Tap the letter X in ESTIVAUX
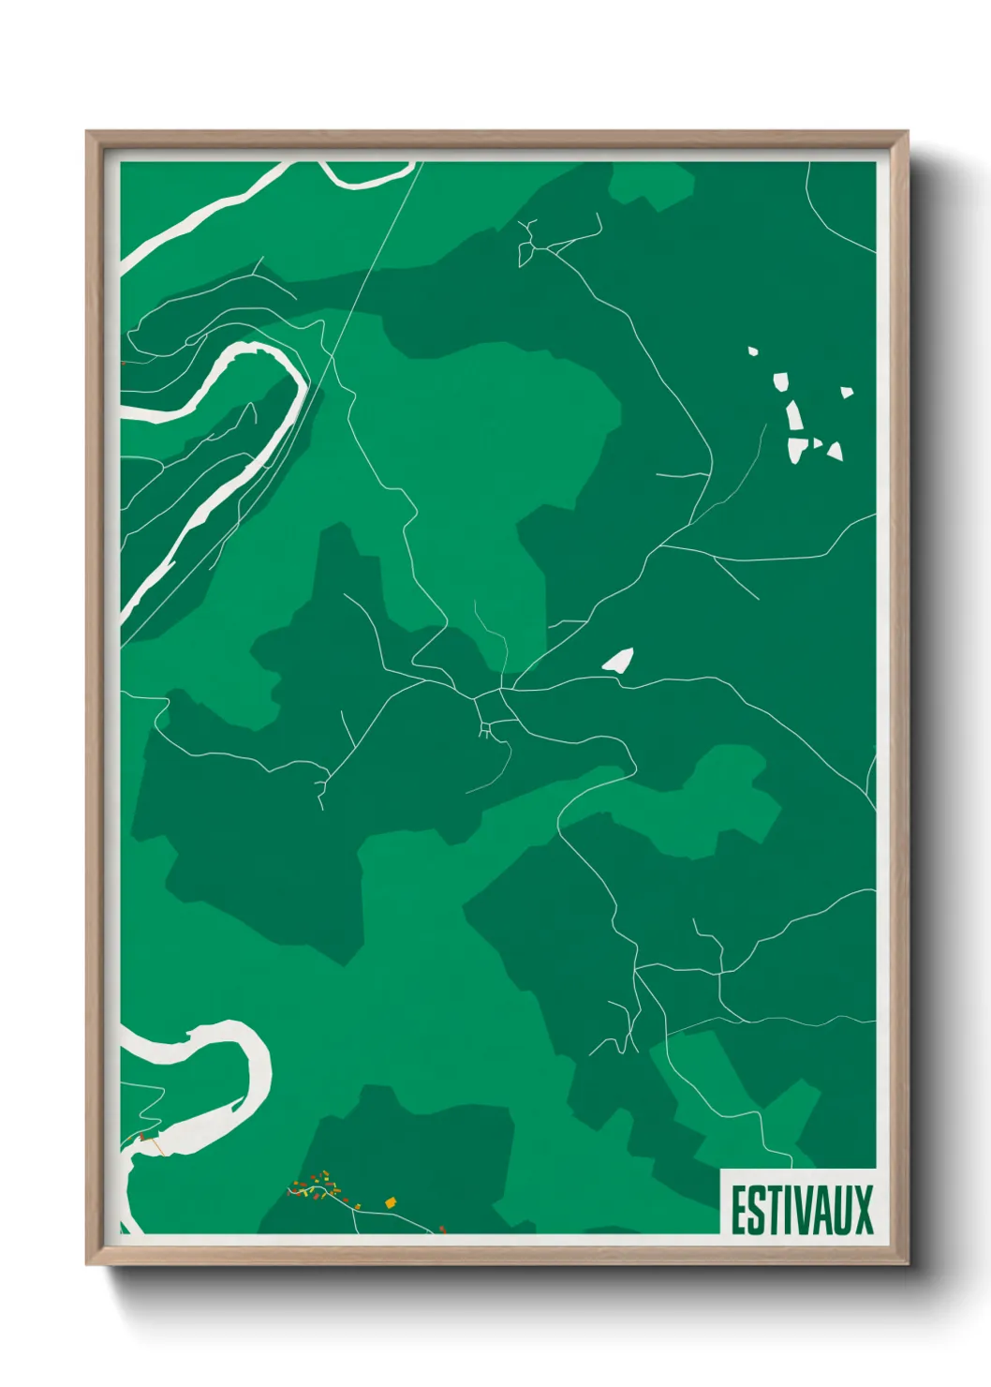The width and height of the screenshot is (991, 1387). [x=863, y=1210]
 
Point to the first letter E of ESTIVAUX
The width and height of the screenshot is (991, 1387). [x=738, y=1210]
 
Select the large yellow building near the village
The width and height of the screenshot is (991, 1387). [x=391, y=1201]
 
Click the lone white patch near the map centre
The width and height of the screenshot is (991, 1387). [x=618, y=660]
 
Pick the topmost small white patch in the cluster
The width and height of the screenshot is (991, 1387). [x=752, y=351]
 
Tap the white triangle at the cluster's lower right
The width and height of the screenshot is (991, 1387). [x=834, y=452]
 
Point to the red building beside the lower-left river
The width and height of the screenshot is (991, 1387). [x=141, y=1137]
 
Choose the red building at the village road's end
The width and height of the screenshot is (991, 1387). [x=442, y=1228]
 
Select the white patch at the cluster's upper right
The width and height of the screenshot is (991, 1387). [x=847, y=393]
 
